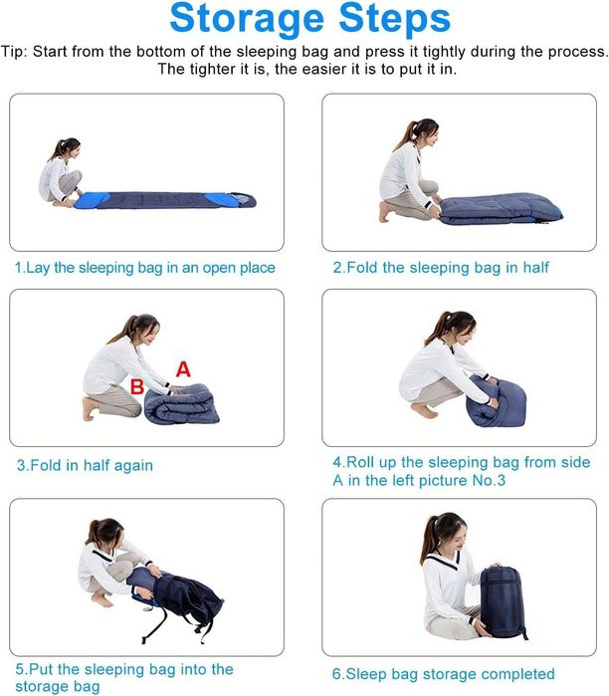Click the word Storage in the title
[x=247, y=20]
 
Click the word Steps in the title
[x=394, y=19]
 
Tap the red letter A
[x=183, y=369]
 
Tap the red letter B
[x=137, y=386]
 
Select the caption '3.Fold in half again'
[x=85, y=465]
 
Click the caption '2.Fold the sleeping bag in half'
[x=441, y=268]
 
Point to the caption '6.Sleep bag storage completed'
[x=444, y=674]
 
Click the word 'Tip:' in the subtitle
[x=14, y=52]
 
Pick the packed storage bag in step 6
[x=504, y=601]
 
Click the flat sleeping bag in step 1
[x=164, y=200]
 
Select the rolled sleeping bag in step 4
[x=496, y=401]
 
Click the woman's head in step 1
[x=70, y=148]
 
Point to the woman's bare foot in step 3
[x=90, y=408]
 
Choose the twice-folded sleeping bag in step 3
[x=182, y=404]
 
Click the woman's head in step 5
[x=106, y=534]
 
